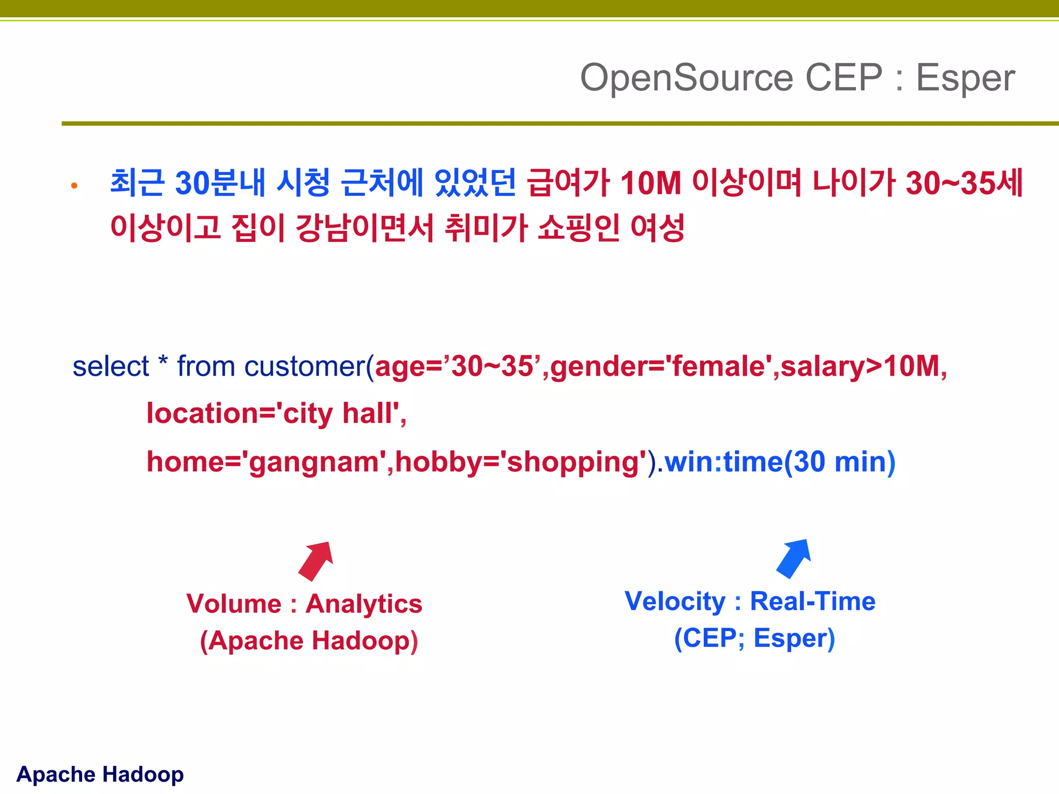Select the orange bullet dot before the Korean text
[x=74, y=186]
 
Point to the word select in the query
[x=110, y=367]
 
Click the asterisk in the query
[x=163, y=362]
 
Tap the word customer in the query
[x=305, y=367]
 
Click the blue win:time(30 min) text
[x=780, y=462]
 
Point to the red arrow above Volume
[x=316, y=560]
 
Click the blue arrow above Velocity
[x=794, y=558]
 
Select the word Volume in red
[x=234, y=604]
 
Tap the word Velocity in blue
[x=675, y=601]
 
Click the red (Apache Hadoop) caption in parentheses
[x=309, y=640]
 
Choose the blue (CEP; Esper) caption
[x=754, y=638]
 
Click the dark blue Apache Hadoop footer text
[x=100, y=774]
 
